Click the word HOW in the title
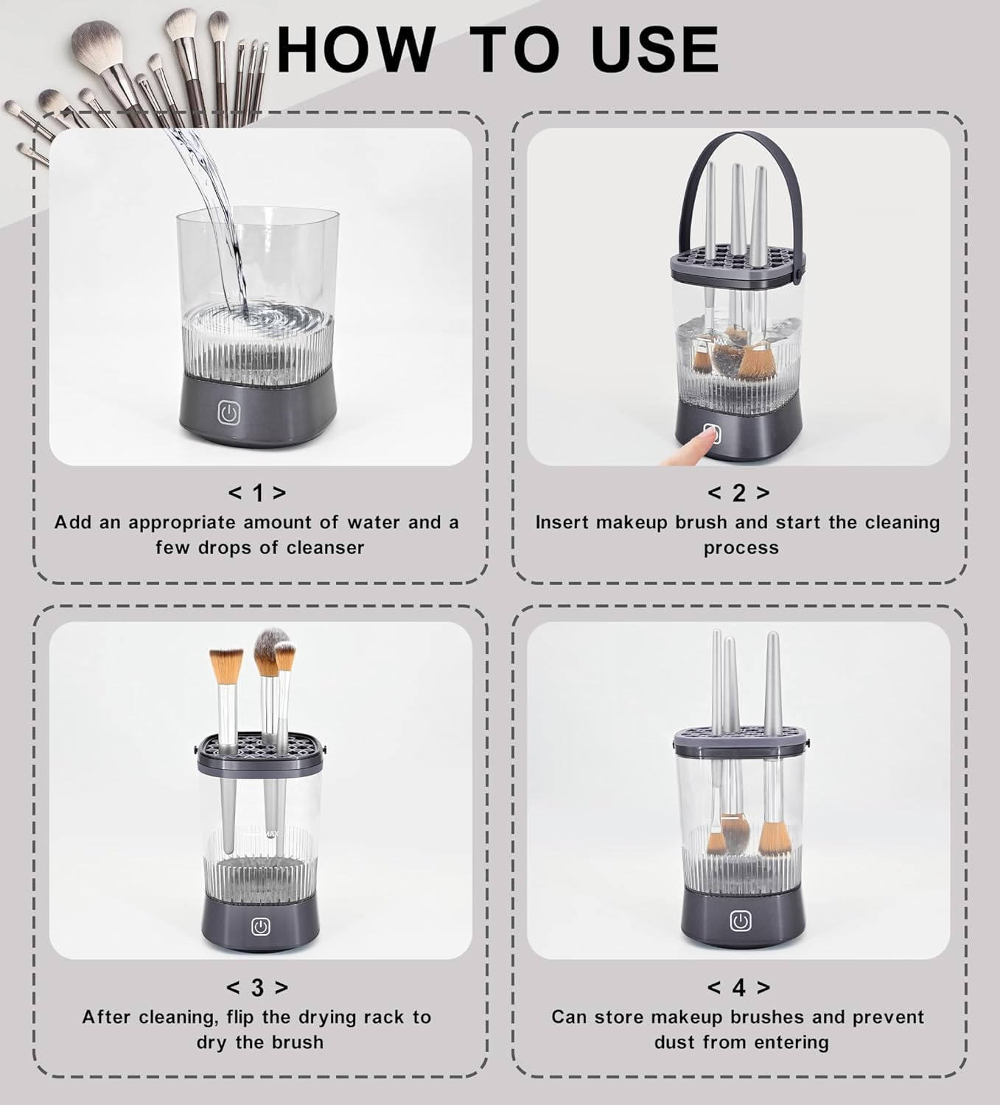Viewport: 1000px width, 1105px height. pyautogui.click(x=357, y=49)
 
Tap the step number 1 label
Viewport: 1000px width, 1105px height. pyautogui.click(x=257, y=492)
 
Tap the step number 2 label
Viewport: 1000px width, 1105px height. pyautogui.click(x=738, y=492)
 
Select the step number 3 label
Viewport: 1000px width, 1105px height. pyautogui.click(x=257, y=988)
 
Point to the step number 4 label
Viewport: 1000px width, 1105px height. pyautogui.click(x=738, y=988)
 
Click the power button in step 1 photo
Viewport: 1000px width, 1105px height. pyautogui.click(x=228, y=412)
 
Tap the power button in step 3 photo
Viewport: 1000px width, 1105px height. pyautogui.click(x=260, y=927)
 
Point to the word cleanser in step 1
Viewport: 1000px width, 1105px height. pyautogui.click(x=325, y=547)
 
